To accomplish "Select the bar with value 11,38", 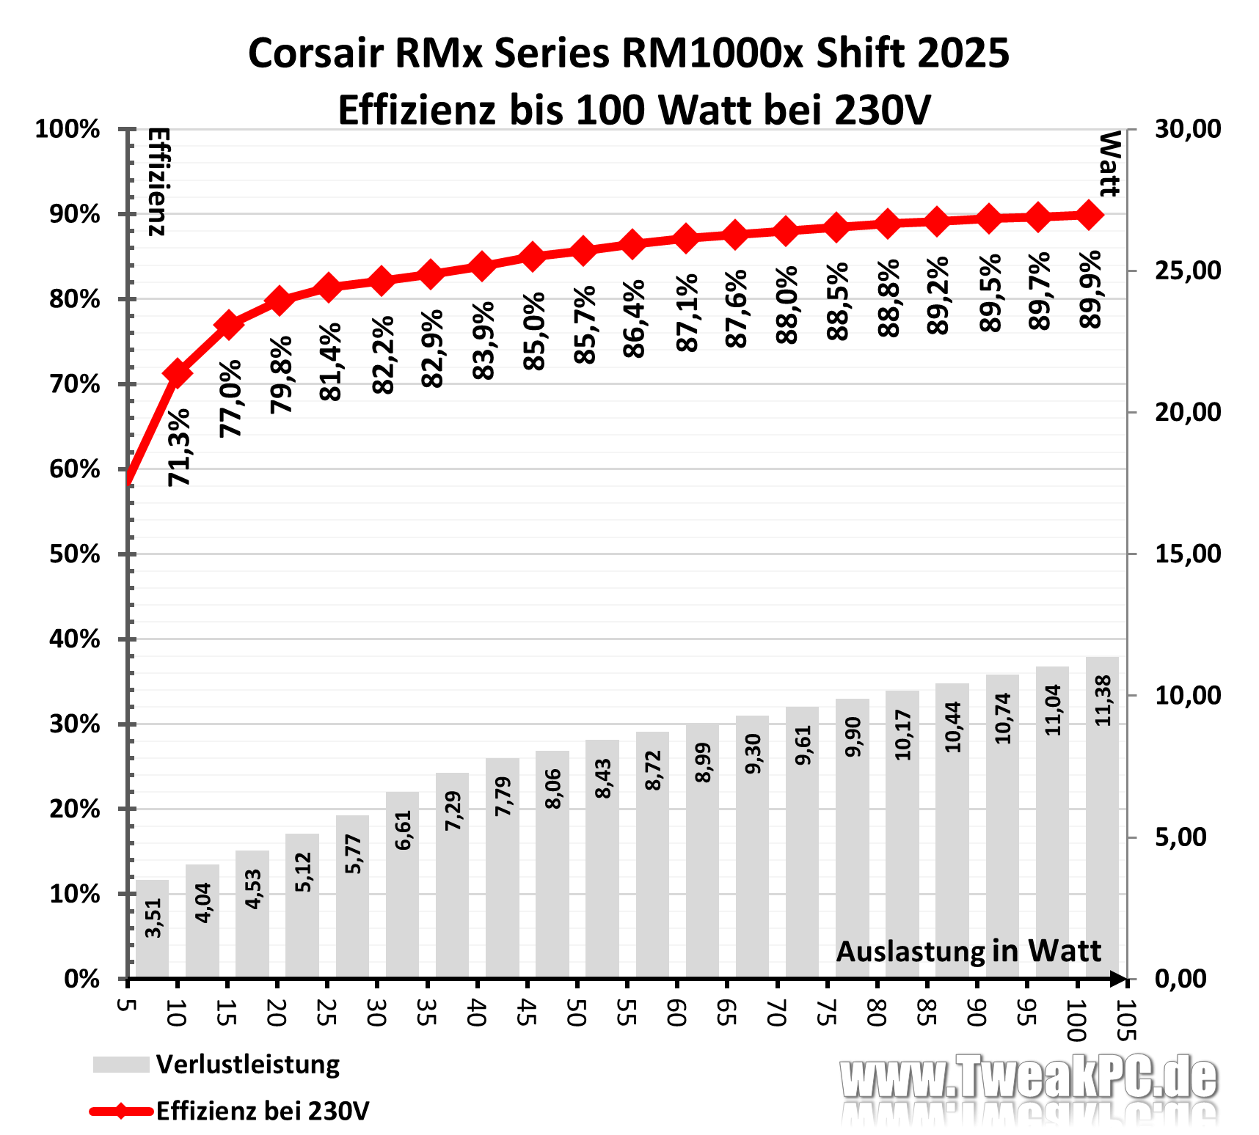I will coord(1102,817).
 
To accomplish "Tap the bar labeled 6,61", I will coord(402,884).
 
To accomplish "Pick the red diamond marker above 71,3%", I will coord(177,373).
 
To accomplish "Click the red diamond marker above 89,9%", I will coord(1090,216).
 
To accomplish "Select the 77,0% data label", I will coord(231,398).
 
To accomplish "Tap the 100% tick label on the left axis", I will coord(68,130).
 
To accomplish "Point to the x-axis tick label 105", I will coord(1125,1020).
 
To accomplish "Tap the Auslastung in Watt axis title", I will coord(968,952).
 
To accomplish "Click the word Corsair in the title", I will coord(316,54).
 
